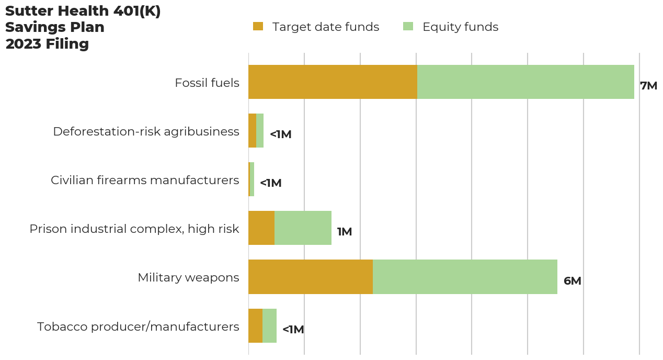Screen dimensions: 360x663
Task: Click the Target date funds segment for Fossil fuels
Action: tap(333, 82)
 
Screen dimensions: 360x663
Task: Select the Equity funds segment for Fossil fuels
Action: tap(525, 82)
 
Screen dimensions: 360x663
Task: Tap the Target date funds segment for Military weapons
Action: tap(311, 277)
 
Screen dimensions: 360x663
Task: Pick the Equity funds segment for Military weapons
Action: tap(465, 277)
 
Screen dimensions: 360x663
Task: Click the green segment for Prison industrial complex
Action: tap(303, 228)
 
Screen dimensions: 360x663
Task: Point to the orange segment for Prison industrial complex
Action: tap(261, 228)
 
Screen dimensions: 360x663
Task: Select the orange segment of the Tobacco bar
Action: tap(255, 325)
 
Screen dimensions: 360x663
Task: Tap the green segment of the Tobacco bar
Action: tap(269, 325)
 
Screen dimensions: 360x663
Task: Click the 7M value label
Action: tap(648, 86)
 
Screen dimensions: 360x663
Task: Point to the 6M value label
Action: tap(572, 281)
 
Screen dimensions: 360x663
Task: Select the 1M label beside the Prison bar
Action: tap(344, 232)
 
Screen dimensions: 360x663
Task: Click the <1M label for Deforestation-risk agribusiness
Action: tap(280, 134)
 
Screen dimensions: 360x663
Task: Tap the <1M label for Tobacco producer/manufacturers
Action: tap(293, 330)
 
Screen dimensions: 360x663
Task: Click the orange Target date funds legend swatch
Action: tap(258, 27)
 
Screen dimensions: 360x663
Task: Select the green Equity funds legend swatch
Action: tap(408, 27)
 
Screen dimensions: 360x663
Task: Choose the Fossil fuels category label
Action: tap(207, 83)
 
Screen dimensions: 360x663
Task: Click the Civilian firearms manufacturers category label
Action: tap(145, 180)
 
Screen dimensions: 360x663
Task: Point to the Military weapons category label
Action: tap(188, 277)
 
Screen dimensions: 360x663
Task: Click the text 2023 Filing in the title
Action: tap(47, 44)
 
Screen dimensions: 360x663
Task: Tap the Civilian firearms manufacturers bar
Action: tap(252, 179)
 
